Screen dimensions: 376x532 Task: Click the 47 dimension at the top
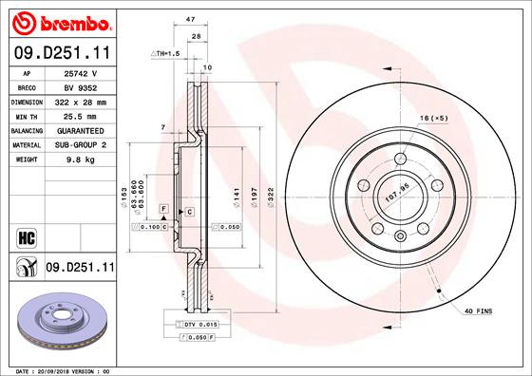point(190,18)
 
